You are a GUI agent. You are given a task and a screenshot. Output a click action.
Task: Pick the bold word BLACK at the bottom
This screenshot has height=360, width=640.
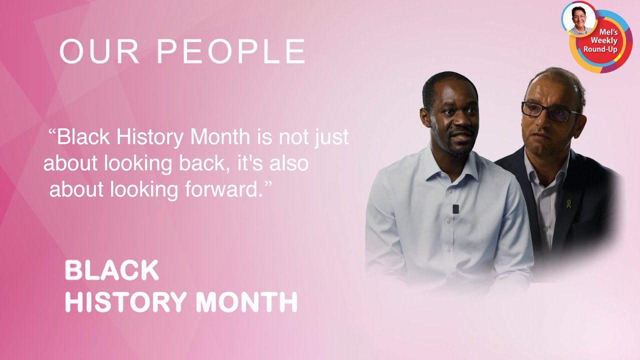tap(111, 270)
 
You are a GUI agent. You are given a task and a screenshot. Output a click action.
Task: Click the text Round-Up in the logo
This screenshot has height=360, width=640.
tap(600, 49)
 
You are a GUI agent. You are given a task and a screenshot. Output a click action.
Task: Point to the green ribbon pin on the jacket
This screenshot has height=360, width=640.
tap(568, 203)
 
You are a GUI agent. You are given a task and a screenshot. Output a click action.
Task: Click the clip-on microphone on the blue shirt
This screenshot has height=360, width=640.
tap(455, 209)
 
